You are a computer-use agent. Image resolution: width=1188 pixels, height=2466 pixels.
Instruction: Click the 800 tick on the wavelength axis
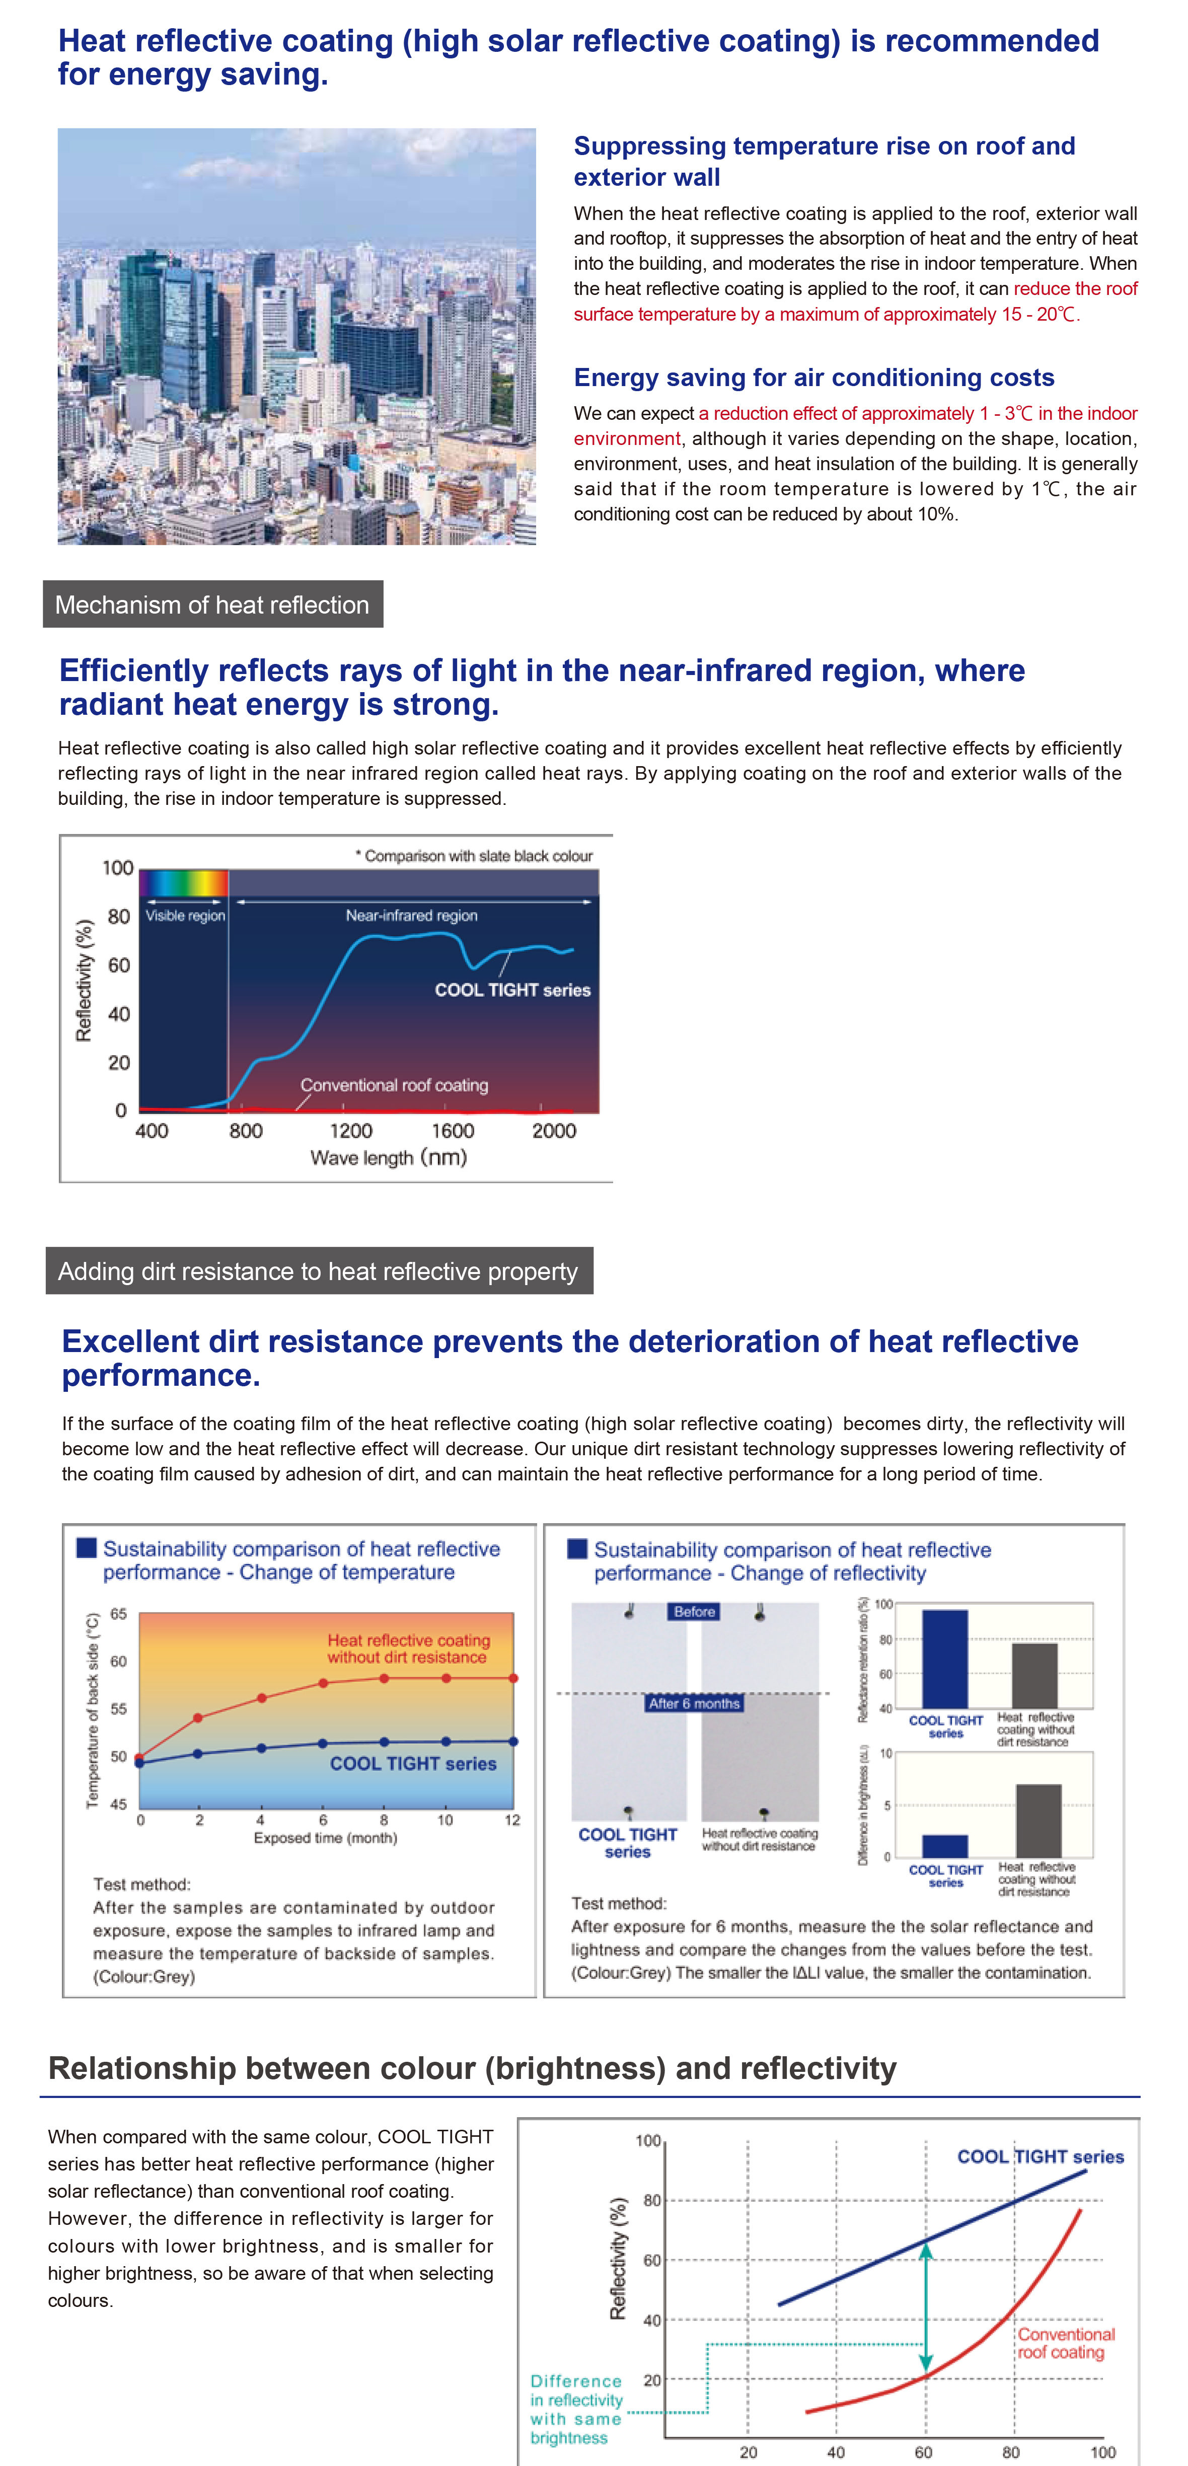(x=245, y=1131)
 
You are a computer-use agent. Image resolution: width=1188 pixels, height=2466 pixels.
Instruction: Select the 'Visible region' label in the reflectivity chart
(x=185, y=916)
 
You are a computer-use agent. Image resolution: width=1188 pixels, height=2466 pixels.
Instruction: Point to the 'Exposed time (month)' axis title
(x=326, y=1837)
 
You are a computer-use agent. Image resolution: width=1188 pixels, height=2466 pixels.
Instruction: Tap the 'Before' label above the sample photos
(x=694, y=1612)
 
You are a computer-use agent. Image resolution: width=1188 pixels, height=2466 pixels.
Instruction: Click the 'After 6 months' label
(x=694, y=1703)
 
